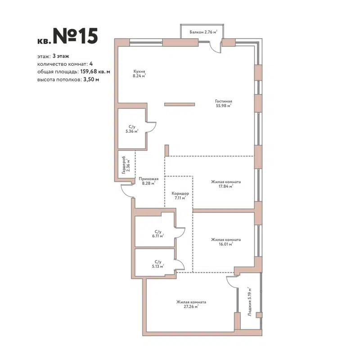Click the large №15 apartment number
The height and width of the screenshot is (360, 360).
point(75,36)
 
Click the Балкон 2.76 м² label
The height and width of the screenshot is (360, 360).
point(203,32)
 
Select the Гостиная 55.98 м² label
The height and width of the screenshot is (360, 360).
point(223,103)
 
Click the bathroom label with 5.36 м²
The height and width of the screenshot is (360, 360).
point(131,129)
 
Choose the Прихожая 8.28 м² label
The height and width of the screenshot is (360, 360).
point(148,181)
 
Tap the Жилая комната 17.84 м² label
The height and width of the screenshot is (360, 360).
point(225,184)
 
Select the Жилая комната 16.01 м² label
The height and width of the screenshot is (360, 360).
point(225,242)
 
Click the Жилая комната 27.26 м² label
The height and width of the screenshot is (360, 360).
point(191,304)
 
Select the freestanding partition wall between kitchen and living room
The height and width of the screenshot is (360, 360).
point(180,104)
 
